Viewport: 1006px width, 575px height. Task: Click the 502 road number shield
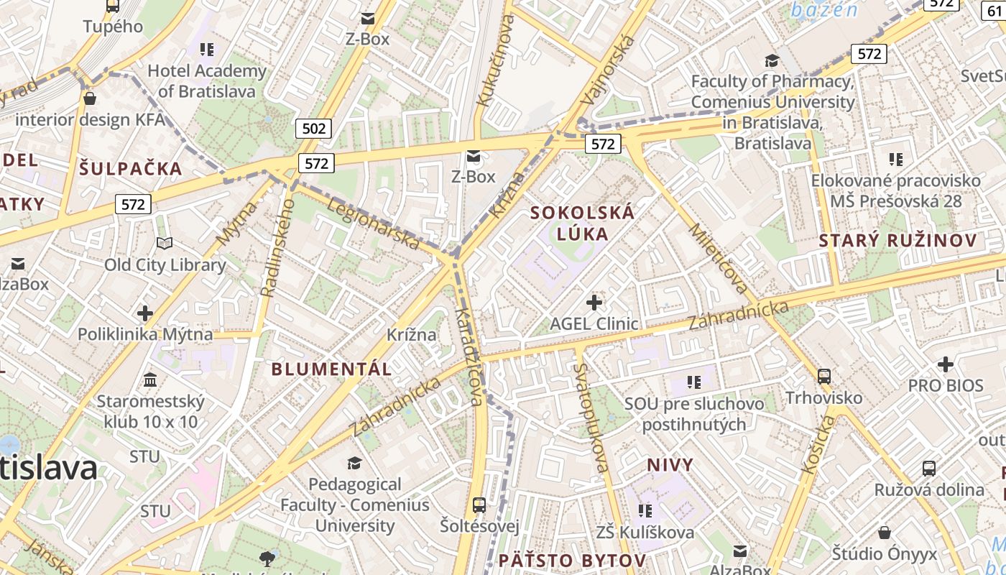314,129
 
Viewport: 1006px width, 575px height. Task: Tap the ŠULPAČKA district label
131,169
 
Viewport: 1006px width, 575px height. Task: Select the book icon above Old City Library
165,244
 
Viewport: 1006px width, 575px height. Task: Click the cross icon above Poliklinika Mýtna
145,313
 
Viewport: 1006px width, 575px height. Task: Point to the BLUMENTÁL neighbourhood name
331,369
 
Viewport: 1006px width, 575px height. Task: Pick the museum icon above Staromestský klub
150,379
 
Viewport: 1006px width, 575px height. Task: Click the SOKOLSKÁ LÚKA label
583,223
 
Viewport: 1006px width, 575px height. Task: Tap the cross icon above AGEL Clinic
594,303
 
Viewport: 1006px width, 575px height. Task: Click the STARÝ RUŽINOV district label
898,241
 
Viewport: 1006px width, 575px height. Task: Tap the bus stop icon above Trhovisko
824,376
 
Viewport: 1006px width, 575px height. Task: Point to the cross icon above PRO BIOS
945,364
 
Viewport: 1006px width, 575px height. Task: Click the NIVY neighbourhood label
670,465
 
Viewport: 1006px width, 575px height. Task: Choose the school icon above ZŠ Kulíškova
645,510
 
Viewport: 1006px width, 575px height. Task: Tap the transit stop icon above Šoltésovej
479,505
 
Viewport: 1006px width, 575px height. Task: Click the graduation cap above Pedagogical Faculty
354,463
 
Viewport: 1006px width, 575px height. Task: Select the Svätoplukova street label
591,417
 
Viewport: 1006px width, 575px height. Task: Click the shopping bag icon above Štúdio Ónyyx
885,533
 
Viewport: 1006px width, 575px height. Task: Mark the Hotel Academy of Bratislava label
207,81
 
